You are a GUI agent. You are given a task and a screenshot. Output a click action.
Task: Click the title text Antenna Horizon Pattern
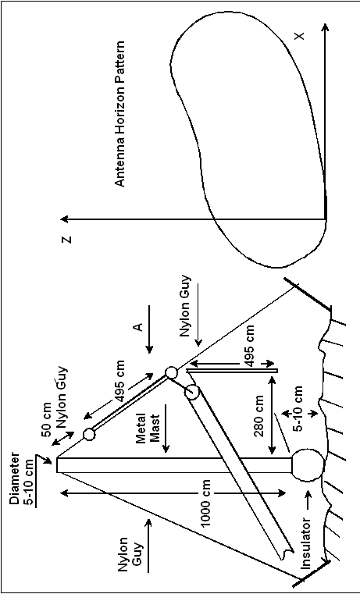(119, 114)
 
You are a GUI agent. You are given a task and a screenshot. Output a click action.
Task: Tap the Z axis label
(66, 240)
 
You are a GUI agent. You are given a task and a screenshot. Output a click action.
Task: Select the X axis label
(299, 36)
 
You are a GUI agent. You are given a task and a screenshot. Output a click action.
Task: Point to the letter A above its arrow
(139, 326)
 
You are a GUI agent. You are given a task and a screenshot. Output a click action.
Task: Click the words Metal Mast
(148, 428)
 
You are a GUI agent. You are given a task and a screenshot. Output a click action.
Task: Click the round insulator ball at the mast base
(308, 465)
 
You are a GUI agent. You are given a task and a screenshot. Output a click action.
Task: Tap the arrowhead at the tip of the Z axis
(65, 219)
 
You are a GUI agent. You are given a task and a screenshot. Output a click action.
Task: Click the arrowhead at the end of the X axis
(326, 27)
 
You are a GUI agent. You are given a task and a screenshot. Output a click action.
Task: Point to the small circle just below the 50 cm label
(89, 434)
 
